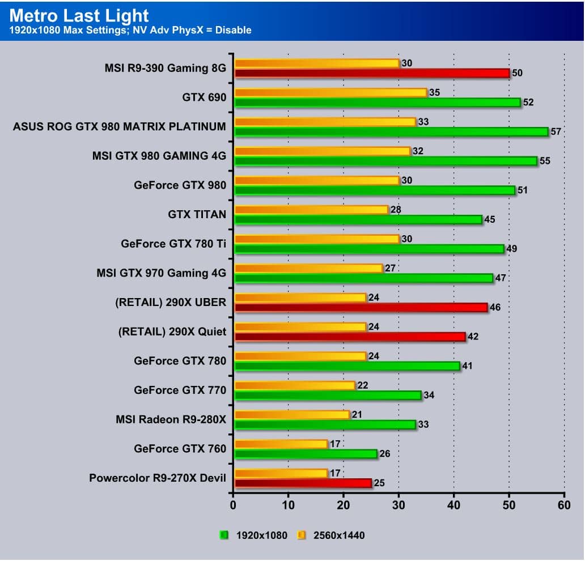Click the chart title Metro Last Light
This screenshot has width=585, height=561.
(79, 15)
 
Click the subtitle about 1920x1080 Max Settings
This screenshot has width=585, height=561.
(130, 30)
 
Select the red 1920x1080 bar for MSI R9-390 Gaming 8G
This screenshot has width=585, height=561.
(372, 73)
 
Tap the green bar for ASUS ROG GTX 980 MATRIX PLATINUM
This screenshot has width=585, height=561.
(391, 131)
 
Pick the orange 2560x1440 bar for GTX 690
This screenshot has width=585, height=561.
(330, 92)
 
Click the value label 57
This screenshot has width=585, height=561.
(556, 131)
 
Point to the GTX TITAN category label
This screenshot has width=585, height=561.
(197, 214)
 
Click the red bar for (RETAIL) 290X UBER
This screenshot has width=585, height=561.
(361, 307)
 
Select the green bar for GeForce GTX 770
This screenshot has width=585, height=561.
(328, 395)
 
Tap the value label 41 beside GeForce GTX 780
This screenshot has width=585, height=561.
(468, 366)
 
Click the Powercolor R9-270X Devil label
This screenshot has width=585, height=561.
(158, 478)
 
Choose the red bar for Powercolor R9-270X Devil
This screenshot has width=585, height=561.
(303, 483)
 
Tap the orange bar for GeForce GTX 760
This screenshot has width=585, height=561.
(281, 444)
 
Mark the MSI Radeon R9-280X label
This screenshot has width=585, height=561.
(171, 419)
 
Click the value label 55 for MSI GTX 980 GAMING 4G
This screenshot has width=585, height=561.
(545, 161)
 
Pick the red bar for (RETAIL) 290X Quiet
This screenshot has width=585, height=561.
(350, 337)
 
